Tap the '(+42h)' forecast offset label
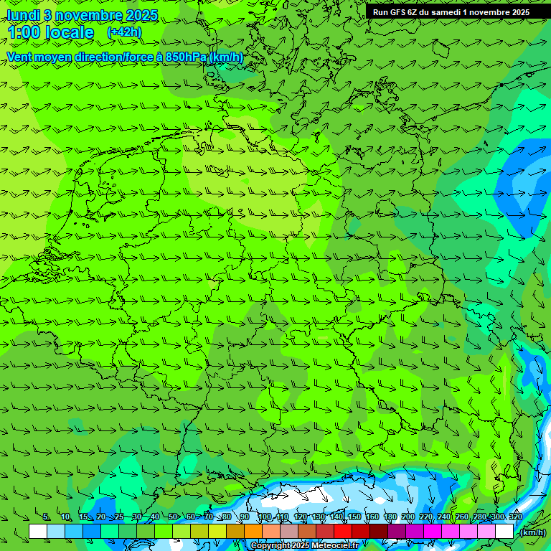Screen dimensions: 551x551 point(123,32)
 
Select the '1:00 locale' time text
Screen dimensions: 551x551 point(50,33)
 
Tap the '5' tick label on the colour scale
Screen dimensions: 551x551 point(46,517)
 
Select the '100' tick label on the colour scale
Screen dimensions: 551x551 point(265,517)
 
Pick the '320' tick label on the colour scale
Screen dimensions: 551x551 point(515,517)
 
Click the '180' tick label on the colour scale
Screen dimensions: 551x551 point(390,517)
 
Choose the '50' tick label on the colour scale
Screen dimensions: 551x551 point(174,517)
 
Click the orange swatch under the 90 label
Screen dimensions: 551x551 point(253,532)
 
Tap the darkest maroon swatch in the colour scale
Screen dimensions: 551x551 point(378,532)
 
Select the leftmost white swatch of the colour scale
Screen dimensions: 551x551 point(37,532)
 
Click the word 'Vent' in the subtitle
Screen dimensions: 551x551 point(19,57)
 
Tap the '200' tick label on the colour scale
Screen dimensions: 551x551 point(408,517)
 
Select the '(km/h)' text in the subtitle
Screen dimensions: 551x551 point(226,57)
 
